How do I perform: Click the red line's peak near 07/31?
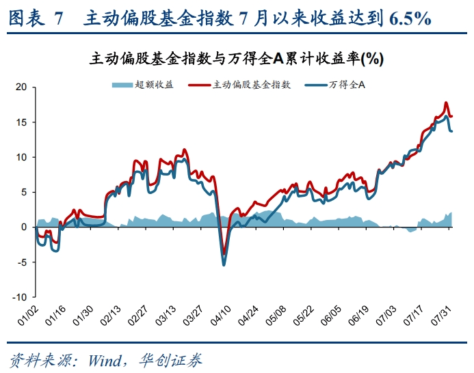coord(446,102)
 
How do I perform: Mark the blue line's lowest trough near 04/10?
coord(224,264)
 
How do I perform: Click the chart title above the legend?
coord(236,59)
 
